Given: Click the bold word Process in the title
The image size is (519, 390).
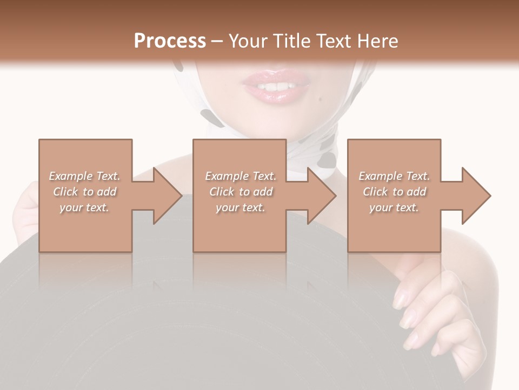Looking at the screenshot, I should (170, 41).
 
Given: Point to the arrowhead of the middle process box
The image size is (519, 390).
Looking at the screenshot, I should (321, 196).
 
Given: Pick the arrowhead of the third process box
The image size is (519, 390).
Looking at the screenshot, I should (476, 196).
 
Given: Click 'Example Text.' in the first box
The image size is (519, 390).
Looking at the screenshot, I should (84, 176).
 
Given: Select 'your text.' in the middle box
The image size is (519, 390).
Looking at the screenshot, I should (240, 207).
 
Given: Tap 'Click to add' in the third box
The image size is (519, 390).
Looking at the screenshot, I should (394, 192).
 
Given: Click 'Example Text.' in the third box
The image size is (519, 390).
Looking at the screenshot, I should (394, 176).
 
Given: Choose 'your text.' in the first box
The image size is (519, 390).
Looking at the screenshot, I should (84, 207).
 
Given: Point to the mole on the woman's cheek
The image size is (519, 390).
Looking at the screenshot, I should (321, 100).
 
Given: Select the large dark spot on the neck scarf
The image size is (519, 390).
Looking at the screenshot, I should (327, 159).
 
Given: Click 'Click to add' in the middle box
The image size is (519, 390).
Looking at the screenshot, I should (240, 192).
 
